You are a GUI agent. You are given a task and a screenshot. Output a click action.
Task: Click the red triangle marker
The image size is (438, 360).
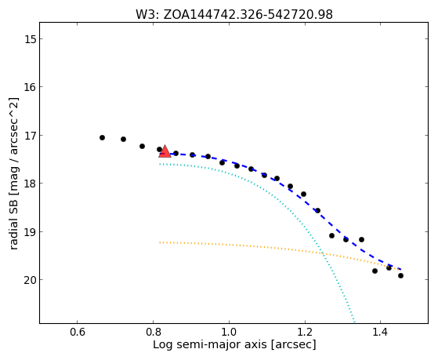pyautogui.click(x=165, y=151)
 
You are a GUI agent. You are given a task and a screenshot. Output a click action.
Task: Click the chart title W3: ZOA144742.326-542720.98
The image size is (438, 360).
pyautogui.click(x=234, y=14)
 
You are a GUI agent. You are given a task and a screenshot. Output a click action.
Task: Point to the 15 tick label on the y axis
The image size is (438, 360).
pyautogui.click(x=31, y=39)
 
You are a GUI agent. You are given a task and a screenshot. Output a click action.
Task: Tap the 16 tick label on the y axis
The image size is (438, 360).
pyautogui.click(x=31, y=87)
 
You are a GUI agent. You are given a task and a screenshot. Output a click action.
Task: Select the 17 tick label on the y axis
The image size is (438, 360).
pyautogui.click(x=31, y=136)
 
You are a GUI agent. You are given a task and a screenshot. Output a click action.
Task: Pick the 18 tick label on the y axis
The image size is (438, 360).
pyautogui.click(x=31, y=184)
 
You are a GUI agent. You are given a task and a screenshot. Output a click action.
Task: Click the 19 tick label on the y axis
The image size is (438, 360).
pyautogui.click(x=31, y=232)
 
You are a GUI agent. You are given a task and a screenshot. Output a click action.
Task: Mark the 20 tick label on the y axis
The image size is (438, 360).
pyautogui.click(x=31, y=280)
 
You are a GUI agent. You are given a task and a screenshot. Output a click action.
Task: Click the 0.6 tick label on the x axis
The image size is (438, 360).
pyautogui.click(x=77, y=333)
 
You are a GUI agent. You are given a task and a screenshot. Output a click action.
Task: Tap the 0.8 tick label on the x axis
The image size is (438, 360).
pyautogui.click(x=153, y=333)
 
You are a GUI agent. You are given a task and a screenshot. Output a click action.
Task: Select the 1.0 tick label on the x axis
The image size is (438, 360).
pyautogui.click(x=229, y=333)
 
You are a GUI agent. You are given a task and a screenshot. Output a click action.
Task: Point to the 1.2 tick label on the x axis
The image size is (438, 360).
pyautogui.click(x=305, y=333)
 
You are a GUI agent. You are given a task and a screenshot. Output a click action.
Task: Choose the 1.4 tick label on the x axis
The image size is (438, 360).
pyautogui.click(x=380, y=333)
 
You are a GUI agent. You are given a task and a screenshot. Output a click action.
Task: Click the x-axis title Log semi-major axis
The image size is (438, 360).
pyautogui.click(x=210, y=345)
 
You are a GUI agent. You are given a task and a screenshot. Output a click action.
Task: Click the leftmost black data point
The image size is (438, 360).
pyautogui.click(x=102, y=137)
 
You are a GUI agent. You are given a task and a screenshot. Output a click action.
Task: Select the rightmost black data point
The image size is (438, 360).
pyautogui.click(x=401, y=276)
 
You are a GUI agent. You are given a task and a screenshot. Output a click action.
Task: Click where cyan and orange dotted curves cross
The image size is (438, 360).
pyautogui.click(x=323, y=253)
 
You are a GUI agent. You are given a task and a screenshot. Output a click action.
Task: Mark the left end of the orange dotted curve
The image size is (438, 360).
pyautogui.click(x=160, y=242)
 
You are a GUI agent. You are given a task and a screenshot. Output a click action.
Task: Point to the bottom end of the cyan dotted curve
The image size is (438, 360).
pyautogui.click(x=354, y=322)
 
